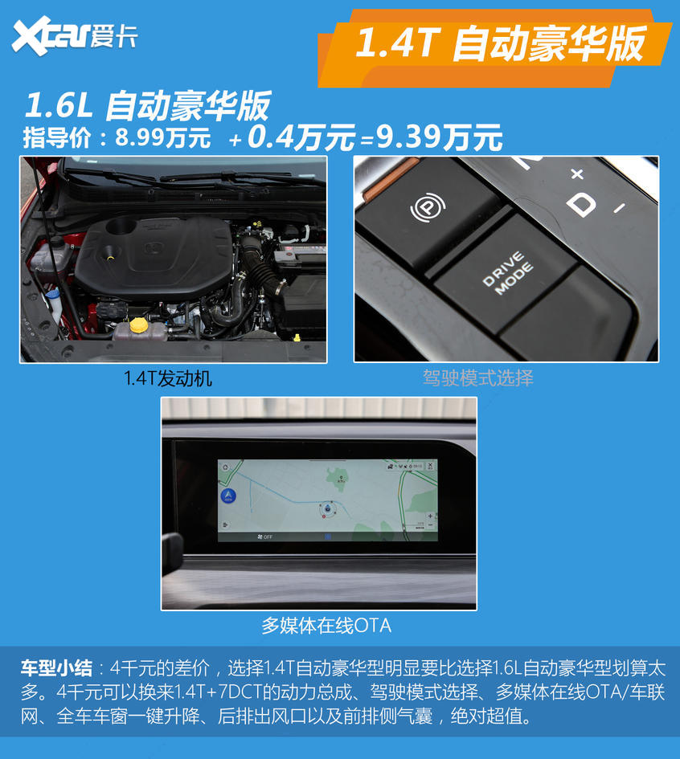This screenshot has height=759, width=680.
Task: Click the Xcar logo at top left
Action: click(x=74, y=35)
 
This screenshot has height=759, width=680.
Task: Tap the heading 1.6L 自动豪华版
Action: click(x=148, y=105)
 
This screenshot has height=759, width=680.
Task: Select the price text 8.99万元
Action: click(x=163, y=137)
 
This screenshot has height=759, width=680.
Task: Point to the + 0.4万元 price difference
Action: click(x=292, y=138)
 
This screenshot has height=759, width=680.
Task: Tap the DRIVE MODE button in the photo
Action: click(x=507, y=274)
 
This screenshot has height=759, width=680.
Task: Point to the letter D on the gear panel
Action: click(x=580, y=204)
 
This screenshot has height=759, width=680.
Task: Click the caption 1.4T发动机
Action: click(x=168, y=378)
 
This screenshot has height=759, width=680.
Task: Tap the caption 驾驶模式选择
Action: click(x=477, y=377)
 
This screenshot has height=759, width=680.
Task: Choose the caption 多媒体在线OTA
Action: click(x=326, y=625)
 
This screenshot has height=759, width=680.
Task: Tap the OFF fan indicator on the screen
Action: click(x=262, y=536)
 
